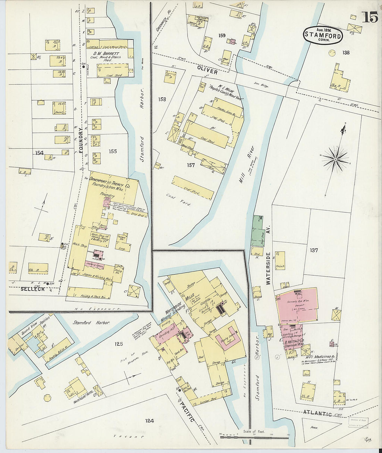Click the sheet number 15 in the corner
[370, 16]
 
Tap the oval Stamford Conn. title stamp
[323, 34]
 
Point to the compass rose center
[335, 159]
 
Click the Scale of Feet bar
[254, 437]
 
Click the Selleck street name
[33, 289]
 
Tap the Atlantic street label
[317, 413]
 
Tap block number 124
[149, 421]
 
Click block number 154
[39, 153]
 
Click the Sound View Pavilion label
[34, 324]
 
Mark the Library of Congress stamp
[358, 422]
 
